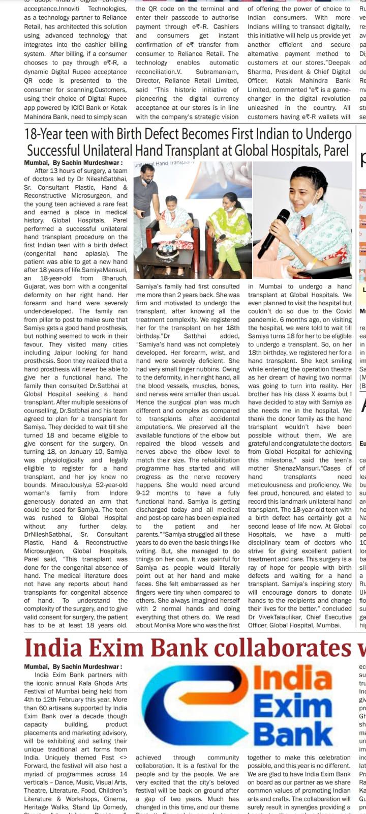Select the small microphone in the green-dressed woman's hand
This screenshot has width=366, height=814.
pos(222,237)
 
